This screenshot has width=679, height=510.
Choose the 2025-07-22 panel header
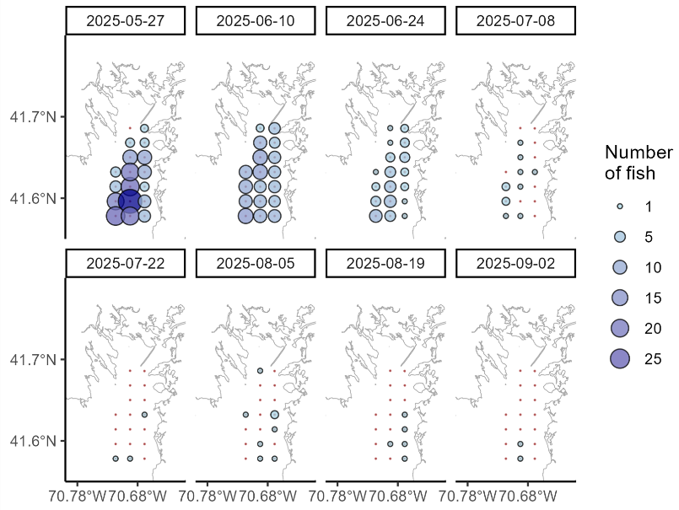click(x=126, y=263)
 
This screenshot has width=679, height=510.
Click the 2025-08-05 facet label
click(x=256, y=263)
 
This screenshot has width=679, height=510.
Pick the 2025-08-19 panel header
click(x=385, y=263)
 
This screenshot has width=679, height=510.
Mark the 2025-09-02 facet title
click(x=515, y=263)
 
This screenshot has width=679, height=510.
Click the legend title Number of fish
click(x=639, y=163)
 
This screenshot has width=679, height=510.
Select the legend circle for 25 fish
click(x=619, y=358)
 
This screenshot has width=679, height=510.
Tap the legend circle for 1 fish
click(x=619, y=207)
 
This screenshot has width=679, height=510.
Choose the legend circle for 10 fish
click(x=619, y=267)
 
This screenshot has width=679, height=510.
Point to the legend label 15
click(x=652, y=298)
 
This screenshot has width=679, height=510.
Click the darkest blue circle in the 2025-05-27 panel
click(x=129, y=201)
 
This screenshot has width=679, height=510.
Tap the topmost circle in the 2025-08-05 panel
click(x=260, y=371)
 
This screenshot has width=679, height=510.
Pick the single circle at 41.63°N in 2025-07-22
click(x=144, y=415)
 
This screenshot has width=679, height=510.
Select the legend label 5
click(x=649, y=237)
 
